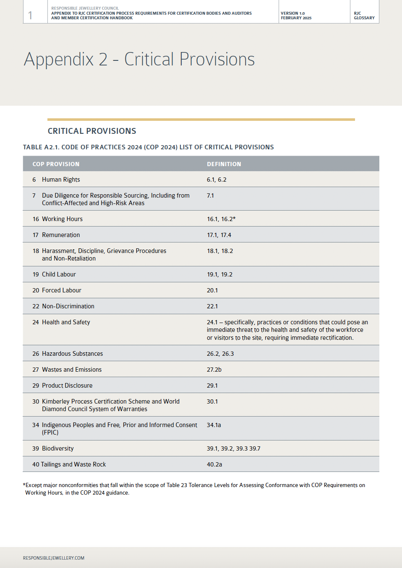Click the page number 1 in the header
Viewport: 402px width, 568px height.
pyautogui.click(x=30, y=16)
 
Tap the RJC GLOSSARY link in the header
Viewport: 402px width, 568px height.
pyautogui.click(x=364, y=16)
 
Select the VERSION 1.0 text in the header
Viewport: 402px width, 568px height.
pyautogui.click(x=293, y=13)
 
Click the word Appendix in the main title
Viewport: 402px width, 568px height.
pyautogui.click(x=59, y=59)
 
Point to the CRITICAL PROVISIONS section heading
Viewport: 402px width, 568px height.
pyautogui.click(x=92, y=131)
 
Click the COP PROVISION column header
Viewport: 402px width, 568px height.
pyautogui.click(x=56, y=164)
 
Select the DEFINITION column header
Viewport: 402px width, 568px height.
pyautogui.click(x=224, y=164)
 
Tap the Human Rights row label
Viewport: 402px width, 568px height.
pyautogui.click(x=61, y=180)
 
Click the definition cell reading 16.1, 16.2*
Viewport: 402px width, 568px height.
pyautogui.click(x=221, y=219)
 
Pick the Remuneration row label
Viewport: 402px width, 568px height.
pyautogui.click(x=61, y=235)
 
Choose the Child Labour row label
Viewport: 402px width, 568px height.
pyautogui.click(x=59, y=274)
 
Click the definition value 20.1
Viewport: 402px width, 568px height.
pyautogui.click(x=212, y=290)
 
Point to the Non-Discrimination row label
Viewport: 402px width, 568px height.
pyautogui.click(x=68, y=306)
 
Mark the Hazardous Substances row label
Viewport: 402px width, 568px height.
pyautogui.click(x=72, y=354)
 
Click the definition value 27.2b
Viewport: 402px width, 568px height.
pyautogui.click(x=214, y=370)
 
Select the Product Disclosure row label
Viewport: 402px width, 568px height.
pyautogui.click(x=67, y=386)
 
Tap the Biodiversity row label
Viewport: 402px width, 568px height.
pyautogui.click(x=58, y=448)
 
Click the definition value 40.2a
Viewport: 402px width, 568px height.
pyautogui.click(x=214, y=464)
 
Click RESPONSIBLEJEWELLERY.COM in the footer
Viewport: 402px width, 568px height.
pyautogui.click(x=54, y=558)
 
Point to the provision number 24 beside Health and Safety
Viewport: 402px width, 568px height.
pyautogui.click(x=36, y=322)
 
